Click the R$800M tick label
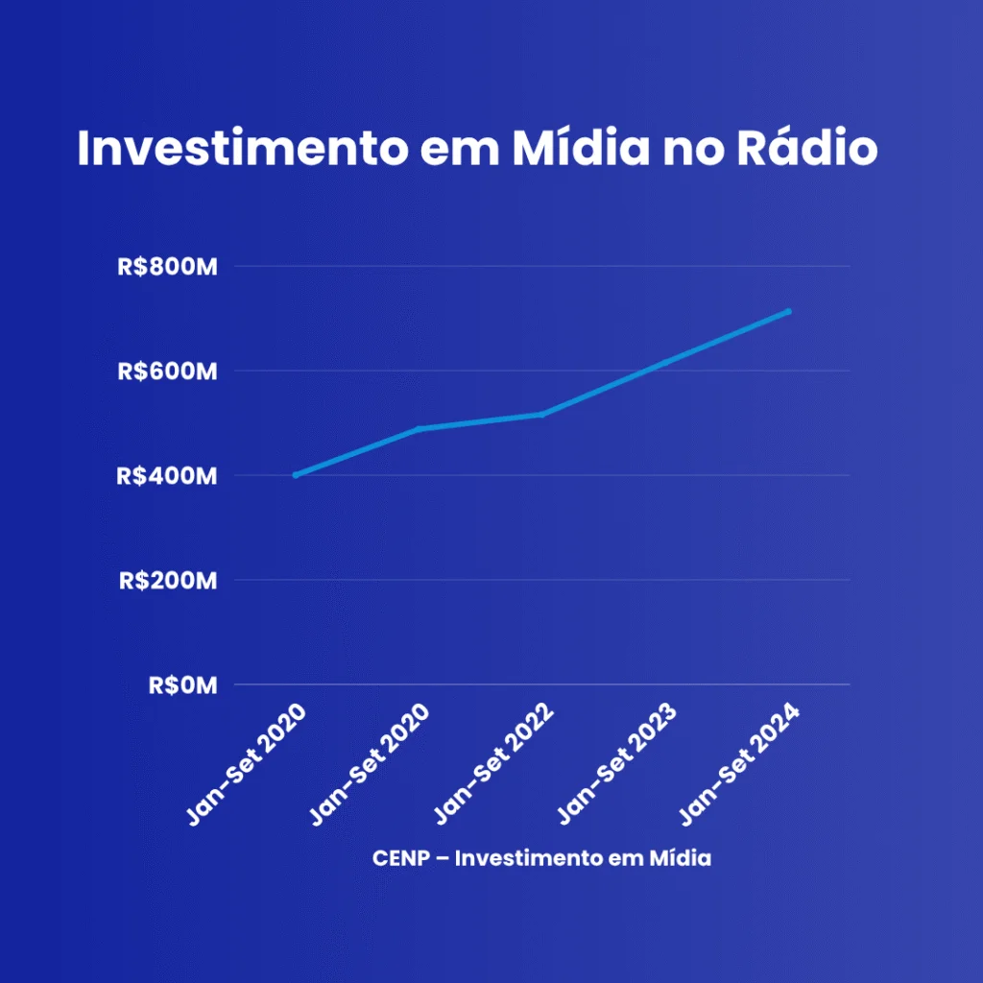click(x=167, y=267)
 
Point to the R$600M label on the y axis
click(x=167, y=372)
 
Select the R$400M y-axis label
click(x=167, y=476)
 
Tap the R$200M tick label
click(x=168, y=581)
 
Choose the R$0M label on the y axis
click(x=183, y=685)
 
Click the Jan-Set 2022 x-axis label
click(x=494, y=763)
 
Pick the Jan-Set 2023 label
click(x=617, y=763)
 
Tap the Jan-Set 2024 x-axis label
click(x=740, y=763)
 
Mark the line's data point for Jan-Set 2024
click(x=788, y=312)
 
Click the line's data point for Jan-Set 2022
click(x=541, y=415)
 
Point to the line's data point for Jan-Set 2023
click(x=664, y=362)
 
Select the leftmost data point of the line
click(x=296, y=475)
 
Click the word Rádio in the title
click(x=806, y=147)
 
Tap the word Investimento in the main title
click(x=243, y=148)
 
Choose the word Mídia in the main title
click(x=581, y=147)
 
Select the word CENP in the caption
click(x=400, y=858)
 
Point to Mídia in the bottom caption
click(x=680, y=857)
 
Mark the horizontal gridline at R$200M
click(x=541, y=580)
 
